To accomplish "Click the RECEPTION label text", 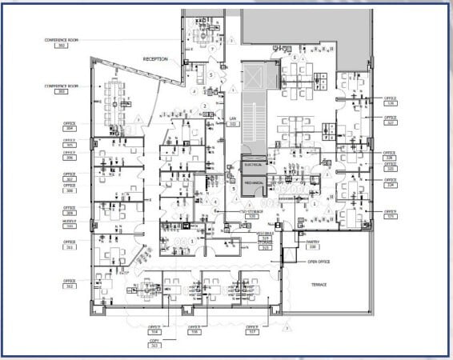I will coord(155,59).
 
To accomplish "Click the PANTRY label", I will coord(312,242).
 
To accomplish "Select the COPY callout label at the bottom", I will coord(154,342).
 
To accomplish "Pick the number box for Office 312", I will coord(70,286).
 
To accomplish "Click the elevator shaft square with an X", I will coord(253,78).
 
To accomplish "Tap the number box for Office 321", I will coord(391,217).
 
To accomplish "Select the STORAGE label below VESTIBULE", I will coord(265,243).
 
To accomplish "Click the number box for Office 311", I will coord(70,248).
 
